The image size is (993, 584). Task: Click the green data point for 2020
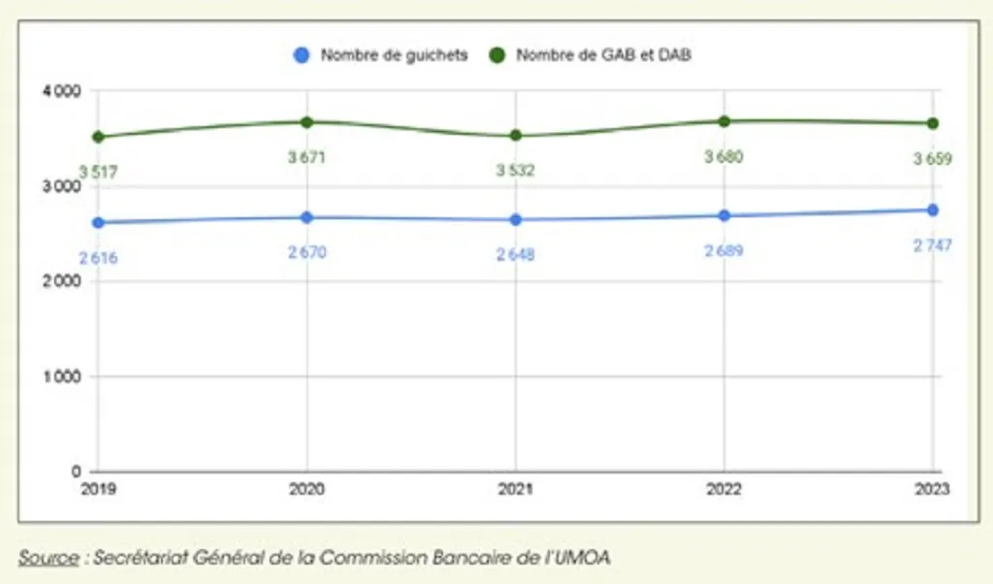(307, 122)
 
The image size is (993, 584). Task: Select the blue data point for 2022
(724, 215)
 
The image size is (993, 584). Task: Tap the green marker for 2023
(933, 123)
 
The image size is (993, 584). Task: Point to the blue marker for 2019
(99, 222)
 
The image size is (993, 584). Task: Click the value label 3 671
(307, 157)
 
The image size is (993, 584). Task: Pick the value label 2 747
(932, 245)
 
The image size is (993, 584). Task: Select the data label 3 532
(515, 170)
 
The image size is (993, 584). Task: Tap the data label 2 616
(99, 258)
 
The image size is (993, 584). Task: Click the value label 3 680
(723, 156)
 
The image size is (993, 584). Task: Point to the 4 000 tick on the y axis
(62, 91)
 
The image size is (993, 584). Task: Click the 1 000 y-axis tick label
(62, 376)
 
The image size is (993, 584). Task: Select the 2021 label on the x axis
(516, 490)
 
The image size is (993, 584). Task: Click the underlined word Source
(48, 557)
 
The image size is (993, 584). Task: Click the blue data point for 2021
(516, 219)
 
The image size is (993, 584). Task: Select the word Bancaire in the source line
(458, 557)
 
